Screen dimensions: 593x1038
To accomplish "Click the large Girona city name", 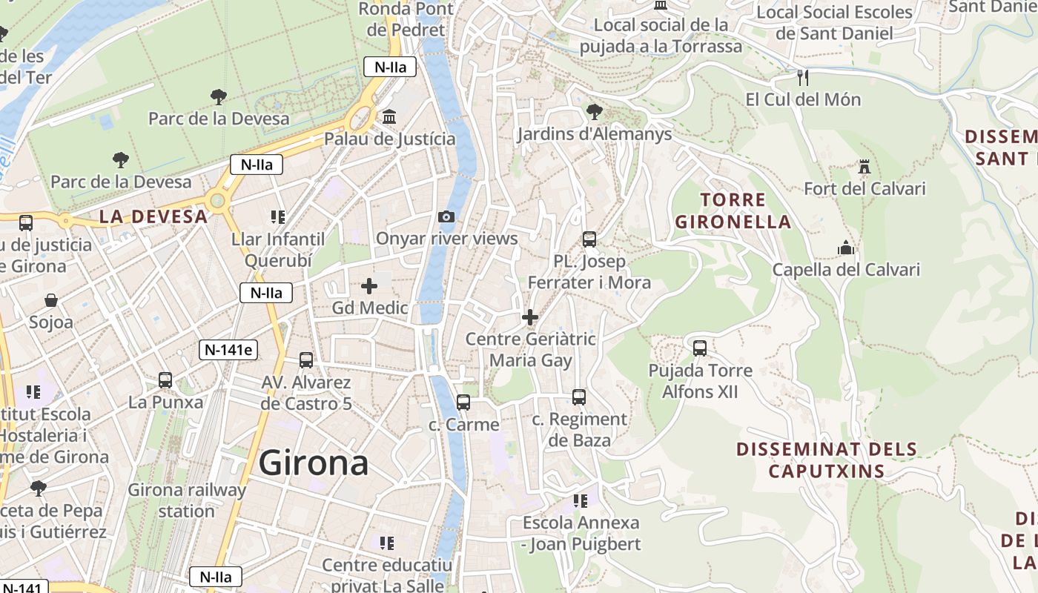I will tap(314, 463).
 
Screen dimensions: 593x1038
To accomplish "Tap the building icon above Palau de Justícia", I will tap(389, 117).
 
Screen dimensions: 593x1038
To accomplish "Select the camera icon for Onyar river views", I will tap(446, 216).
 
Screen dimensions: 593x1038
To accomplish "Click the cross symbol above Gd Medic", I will tap(369, 285).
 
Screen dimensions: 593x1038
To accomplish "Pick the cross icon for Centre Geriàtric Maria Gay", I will tap(530, 317).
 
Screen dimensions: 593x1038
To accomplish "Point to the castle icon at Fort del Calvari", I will tap(865, 167).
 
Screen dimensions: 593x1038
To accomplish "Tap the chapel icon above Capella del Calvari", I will tap(846, 248).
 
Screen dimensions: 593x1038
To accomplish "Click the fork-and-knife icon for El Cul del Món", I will tap(802, 77).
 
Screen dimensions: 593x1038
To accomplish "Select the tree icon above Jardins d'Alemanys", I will tap(594, 112).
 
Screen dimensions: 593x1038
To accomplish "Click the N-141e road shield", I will tap(228, 350).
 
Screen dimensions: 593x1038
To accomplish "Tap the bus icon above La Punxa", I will tap(165, 380).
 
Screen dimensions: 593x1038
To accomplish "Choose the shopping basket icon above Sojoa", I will tap(51, 300).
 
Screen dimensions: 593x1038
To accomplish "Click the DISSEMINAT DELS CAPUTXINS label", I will tap(827, 460).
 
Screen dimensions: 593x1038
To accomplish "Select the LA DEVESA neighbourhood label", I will tap(153, 216).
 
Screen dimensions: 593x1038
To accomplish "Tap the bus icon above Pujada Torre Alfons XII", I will tap(700, 348).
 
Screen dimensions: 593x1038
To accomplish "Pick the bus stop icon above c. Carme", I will tap(463, 402).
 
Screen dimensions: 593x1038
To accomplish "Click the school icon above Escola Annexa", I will tap(581, 501).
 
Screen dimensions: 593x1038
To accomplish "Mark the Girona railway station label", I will tap(187, 500).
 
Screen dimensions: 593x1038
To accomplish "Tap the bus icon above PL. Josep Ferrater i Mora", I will tap(589, 239).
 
